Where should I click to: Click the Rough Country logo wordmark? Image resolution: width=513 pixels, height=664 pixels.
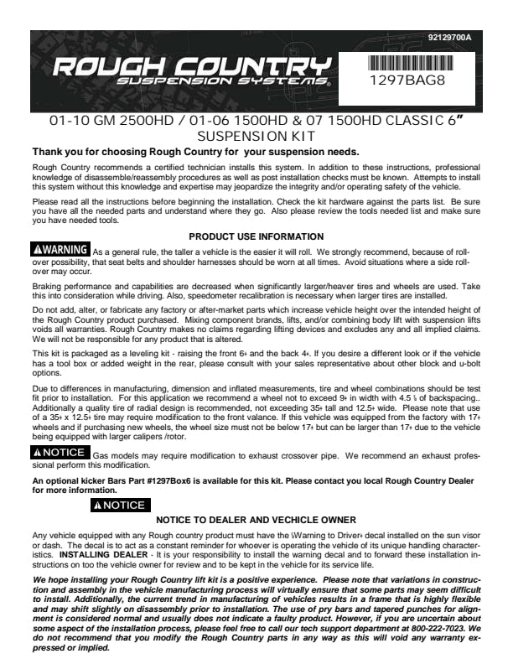189,66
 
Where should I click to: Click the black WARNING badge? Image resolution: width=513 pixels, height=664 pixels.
60,250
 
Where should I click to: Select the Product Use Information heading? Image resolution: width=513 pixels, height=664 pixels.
256,237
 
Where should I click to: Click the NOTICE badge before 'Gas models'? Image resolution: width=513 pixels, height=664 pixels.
60,454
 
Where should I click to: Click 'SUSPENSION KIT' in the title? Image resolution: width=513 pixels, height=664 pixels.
256,136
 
